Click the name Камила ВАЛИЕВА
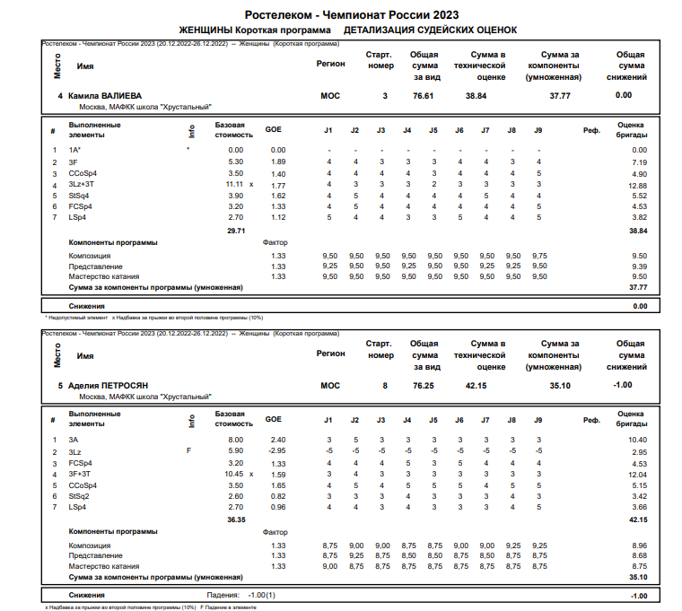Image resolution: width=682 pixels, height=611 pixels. coord(106,95)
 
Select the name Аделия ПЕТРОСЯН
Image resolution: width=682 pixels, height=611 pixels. coord(109,385)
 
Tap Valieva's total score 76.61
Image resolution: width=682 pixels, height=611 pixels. coord(424,95)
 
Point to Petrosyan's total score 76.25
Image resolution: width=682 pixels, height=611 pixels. coord(424,385)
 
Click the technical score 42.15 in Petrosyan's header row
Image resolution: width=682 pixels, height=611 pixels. coord(477,385)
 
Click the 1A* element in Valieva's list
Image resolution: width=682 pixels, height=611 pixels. coord(75,150)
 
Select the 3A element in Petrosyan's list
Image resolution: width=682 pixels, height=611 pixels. coord(74,440)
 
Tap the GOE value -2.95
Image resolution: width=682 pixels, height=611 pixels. coord(278,451)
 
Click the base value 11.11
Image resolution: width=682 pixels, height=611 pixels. coord(232,184)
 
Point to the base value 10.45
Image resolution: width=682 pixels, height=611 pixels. coord(232,474)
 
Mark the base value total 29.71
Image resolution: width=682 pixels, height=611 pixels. coord(235,231)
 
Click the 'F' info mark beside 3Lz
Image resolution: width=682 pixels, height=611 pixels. coord(188,451)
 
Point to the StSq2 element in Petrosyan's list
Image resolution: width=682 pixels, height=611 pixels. coord(79,496)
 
